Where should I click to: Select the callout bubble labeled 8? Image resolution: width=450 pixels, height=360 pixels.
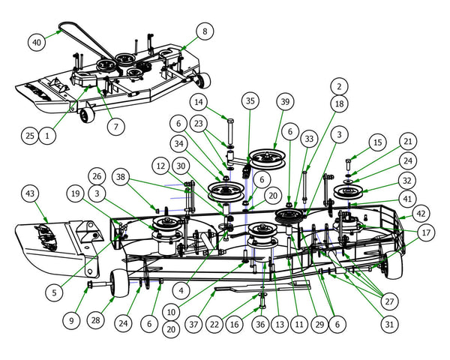(x=204, y=31)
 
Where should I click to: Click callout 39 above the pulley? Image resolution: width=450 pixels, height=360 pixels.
(x=284, y=101)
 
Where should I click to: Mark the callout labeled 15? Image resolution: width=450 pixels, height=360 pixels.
(x=377, y=142)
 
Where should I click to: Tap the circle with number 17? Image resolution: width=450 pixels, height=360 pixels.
(x=425, y=233)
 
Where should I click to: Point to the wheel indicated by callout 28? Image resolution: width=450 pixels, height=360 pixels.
(x=116, y=286)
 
